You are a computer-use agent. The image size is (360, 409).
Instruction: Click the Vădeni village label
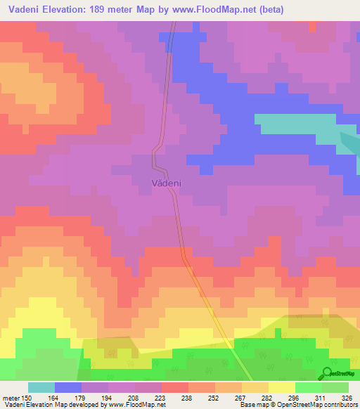click(167, 183)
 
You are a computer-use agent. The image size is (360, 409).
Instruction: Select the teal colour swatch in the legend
click(41, 387)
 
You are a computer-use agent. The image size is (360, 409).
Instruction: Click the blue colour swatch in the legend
click(68, 387)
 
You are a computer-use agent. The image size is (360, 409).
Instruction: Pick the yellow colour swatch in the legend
click(282, 387)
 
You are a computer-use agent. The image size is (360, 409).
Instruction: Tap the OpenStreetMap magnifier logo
click(328, 372)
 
